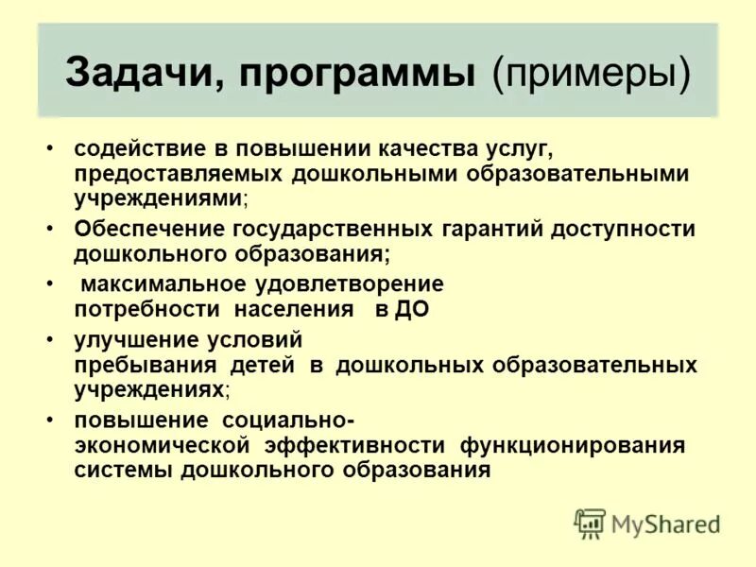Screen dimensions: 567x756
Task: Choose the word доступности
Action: [x=624, y=230]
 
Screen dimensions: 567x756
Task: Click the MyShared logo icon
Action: [x=590, y=523]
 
